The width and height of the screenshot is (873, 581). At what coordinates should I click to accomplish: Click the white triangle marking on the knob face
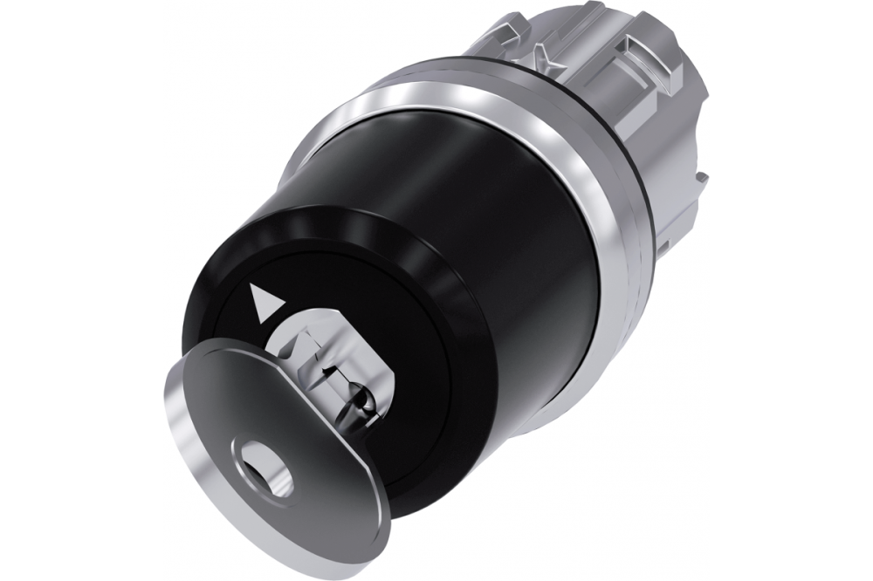tap(261, 301)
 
